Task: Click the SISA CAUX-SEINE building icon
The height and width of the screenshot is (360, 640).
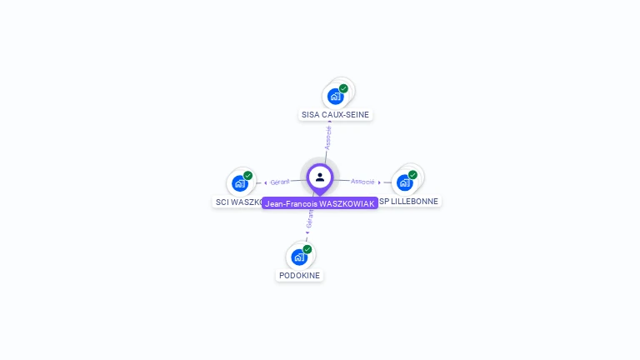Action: (x=335, y=96)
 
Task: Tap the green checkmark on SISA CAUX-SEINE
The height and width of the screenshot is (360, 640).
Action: (x=343, y=88)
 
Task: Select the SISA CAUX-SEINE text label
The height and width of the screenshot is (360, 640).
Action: (x=335, y=115)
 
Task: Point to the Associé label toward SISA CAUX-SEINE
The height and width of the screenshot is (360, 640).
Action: (x=328, y=137)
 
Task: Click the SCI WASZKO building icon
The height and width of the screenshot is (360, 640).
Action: (x=240, y=182)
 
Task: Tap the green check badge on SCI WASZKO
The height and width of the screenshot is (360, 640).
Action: (x=247, y=176)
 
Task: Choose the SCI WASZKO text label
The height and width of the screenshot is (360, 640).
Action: (x=238, y=202)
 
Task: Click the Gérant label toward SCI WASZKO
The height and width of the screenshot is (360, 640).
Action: (x=280, y=182)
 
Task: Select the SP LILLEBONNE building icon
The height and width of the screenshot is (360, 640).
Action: (x=405, y=182)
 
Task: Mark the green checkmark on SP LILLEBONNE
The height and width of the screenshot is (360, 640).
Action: (x=412, y=175)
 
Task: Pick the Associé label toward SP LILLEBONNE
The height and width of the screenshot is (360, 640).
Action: (x=362, y=181)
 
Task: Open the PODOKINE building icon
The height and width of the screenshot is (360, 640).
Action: (x=299, y=257)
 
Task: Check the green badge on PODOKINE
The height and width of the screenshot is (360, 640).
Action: (x=307, y=249)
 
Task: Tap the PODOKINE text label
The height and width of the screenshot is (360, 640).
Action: (x=299, y=276)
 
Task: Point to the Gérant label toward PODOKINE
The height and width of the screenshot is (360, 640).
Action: (x=310, y=219)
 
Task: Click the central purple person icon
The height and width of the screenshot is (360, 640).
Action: (x=320, y=177)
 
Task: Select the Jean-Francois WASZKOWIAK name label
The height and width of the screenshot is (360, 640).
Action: (x=319, y=203)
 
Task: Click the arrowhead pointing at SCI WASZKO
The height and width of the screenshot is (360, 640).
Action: (x=266, y=182)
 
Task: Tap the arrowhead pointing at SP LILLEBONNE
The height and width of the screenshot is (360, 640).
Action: (x=379, y=182)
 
